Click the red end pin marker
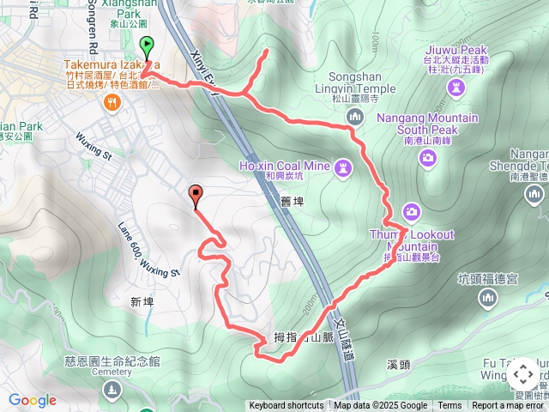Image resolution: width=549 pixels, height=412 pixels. pyautogui.click(x=196, y=195)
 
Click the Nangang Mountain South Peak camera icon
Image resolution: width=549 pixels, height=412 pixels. pyautogui.click(x=428, y=155)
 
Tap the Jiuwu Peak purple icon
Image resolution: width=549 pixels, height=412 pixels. pyautogui.click(x=455, y=87)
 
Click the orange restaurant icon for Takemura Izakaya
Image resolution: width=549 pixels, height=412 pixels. pyautogui.click(x=110, y=103)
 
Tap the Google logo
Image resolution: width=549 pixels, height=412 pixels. pyautogui.click(x=32, y=400)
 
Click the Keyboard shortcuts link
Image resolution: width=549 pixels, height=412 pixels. pyautogui.click(x=287, y=406)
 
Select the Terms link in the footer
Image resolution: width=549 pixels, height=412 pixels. pyautogui.click(x=449, y=406)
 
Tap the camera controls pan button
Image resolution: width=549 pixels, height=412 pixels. pyautogui.click(x=522, y=375)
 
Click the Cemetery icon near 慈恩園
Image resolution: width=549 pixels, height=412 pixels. pyautogui.click(x=113, y=390)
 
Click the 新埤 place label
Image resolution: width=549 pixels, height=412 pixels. pyautogui.click(x=142, y=302)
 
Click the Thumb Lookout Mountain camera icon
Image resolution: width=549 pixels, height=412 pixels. pyautogui.click(x=412, y=211)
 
